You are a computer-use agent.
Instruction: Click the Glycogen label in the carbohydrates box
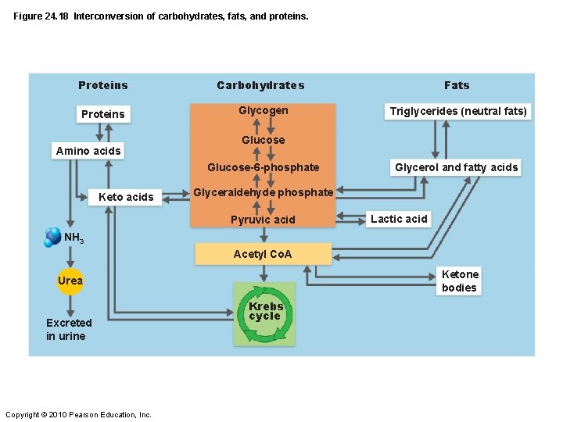[263, 111]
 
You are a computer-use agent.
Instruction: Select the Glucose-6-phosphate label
[263, 167]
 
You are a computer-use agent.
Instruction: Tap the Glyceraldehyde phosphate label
[263, 192]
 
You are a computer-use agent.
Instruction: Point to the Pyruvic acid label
[263, 220]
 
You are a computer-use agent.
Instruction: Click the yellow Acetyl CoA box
[263, 254]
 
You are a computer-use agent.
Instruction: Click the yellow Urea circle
[70, 281]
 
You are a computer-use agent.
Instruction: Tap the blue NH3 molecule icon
[53, 236]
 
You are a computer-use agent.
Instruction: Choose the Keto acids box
[126, 197]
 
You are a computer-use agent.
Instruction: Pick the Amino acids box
[88, 151]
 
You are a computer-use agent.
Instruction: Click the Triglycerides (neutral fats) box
[458, 111]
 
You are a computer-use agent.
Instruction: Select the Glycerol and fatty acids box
[456, 167]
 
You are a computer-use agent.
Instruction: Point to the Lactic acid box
[399, 219]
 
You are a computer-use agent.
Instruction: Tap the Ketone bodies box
[459, 281]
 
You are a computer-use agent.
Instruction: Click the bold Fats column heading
[457, 85]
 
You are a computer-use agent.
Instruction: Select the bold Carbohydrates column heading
[260, 85]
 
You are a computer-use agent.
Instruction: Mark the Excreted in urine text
[69, 329]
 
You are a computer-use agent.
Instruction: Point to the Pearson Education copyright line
[78, 414]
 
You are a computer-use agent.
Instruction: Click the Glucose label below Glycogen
[263, 140]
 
